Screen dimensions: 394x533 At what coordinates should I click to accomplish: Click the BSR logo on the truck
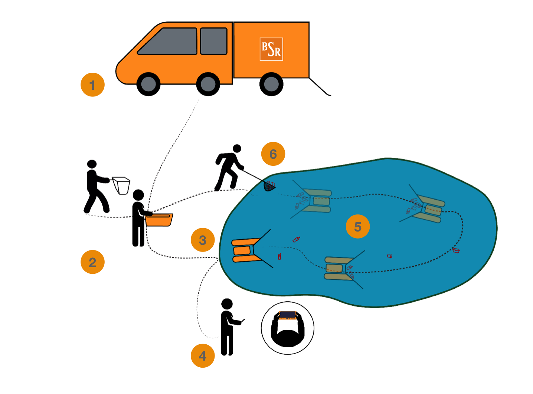click(271, 49)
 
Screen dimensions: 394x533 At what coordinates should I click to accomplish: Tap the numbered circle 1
click(92, 85)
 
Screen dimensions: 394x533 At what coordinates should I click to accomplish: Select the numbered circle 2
click(92, 262)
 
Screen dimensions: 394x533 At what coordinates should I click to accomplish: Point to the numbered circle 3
click(203, 240)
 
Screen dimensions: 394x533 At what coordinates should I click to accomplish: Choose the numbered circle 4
click(203, 356)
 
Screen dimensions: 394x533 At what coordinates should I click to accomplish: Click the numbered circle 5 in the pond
click(358, 226)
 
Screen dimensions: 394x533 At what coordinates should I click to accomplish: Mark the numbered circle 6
click(273, 154)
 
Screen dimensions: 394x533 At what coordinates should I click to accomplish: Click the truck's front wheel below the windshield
click(148, 84)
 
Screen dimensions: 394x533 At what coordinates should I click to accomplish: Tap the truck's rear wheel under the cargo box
click(271, 84)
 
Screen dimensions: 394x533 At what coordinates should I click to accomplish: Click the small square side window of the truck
click(214, 41)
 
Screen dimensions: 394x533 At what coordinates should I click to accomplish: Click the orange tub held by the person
click(159, 220)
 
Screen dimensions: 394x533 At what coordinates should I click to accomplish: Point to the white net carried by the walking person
click(121, 184)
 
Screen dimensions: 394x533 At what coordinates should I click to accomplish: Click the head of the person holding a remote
click(227, 304)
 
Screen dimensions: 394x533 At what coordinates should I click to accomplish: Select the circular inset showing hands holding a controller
click(288, 328)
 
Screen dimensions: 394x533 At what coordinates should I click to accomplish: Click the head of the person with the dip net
click(237, 149)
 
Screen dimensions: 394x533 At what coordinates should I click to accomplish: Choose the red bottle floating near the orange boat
click(279, 256)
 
